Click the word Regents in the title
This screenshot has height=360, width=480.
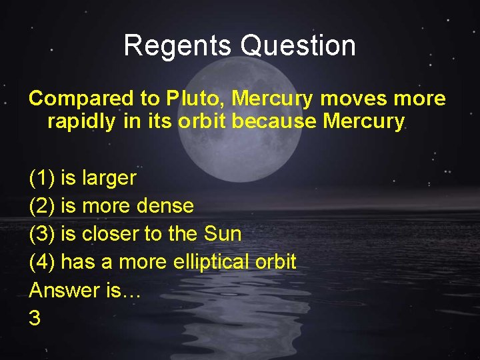click(x=178, y=46)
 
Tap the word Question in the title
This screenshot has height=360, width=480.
click(x=298, y=46)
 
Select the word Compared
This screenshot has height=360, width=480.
click(x=81, y=99)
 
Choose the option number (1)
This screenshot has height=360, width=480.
click(x=42, y=178)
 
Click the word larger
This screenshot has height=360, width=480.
click(x=109, y=179)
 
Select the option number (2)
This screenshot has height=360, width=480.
click(x=42, y=206)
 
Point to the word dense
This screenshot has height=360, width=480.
click(x=165, y=206)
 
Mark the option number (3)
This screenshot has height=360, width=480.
click(x=42, y=234)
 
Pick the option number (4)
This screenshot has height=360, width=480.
click(x=42, y=262)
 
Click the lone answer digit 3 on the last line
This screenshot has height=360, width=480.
click(x=35, y=318)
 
